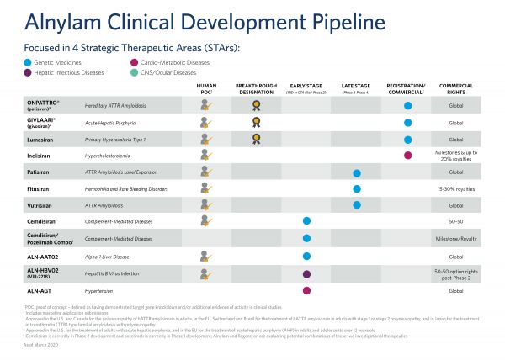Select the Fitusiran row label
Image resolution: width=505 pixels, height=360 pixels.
tap(43, 189)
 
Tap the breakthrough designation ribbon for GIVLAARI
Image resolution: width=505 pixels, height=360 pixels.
tap(256, 122)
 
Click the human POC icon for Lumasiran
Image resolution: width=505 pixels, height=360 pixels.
tap(205, 139)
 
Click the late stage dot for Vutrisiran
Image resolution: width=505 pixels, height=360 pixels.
tap(357, 205)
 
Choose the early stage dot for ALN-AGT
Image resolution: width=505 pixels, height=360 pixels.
tap(306, 290)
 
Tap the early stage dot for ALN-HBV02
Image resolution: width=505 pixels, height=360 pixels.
tap(306, 273)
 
